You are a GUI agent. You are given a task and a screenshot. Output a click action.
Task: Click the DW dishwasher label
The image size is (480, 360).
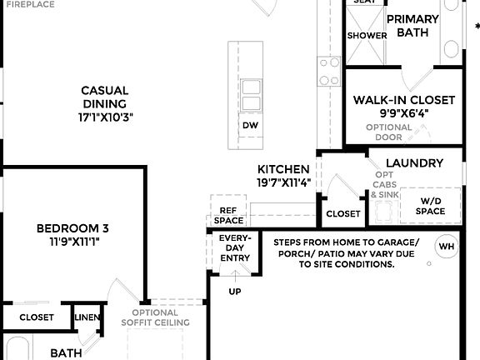[x=250, y=125]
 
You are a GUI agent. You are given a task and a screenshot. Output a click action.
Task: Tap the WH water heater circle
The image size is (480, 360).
[x=447, y=247]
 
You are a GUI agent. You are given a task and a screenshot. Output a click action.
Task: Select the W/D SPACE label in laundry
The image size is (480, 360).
[x=431, y=206]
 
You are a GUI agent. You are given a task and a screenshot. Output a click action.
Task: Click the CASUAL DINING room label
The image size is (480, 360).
[x=104, y=90]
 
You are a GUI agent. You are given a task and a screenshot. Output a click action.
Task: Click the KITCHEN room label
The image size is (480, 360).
[x=283, y=169]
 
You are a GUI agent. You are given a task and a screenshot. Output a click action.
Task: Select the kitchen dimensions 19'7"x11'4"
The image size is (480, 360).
[x=283, y=182]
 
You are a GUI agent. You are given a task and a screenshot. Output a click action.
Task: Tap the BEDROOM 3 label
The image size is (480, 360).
[x=72, y=227]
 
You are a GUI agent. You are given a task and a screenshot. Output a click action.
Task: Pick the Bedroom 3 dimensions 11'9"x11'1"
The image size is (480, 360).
[x=72, y=242]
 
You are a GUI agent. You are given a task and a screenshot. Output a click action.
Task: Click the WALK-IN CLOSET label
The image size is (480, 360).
[x=404, y=100]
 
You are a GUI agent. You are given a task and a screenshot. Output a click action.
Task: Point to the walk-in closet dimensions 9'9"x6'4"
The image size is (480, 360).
[x=404, y=113]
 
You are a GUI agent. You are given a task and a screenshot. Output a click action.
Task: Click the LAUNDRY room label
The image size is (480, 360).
[x=414, y=162]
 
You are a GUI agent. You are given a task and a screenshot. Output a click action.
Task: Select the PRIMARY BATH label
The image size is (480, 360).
[x=412, y=26]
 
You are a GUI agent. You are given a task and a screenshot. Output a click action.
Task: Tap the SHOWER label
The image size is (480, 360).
[x=367, y=36]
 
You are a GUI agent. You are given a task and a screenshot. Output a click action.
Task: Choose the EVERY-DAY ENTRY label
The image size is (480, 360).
[x=234, y=247]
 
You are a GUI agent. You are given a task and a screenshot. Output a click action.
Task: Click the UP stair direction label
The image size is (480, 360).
[x=235, y=292]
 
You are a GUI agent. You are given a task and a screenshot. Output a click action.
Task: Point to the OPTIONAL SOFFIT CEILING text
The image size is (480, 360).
[x=156, y=317]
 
